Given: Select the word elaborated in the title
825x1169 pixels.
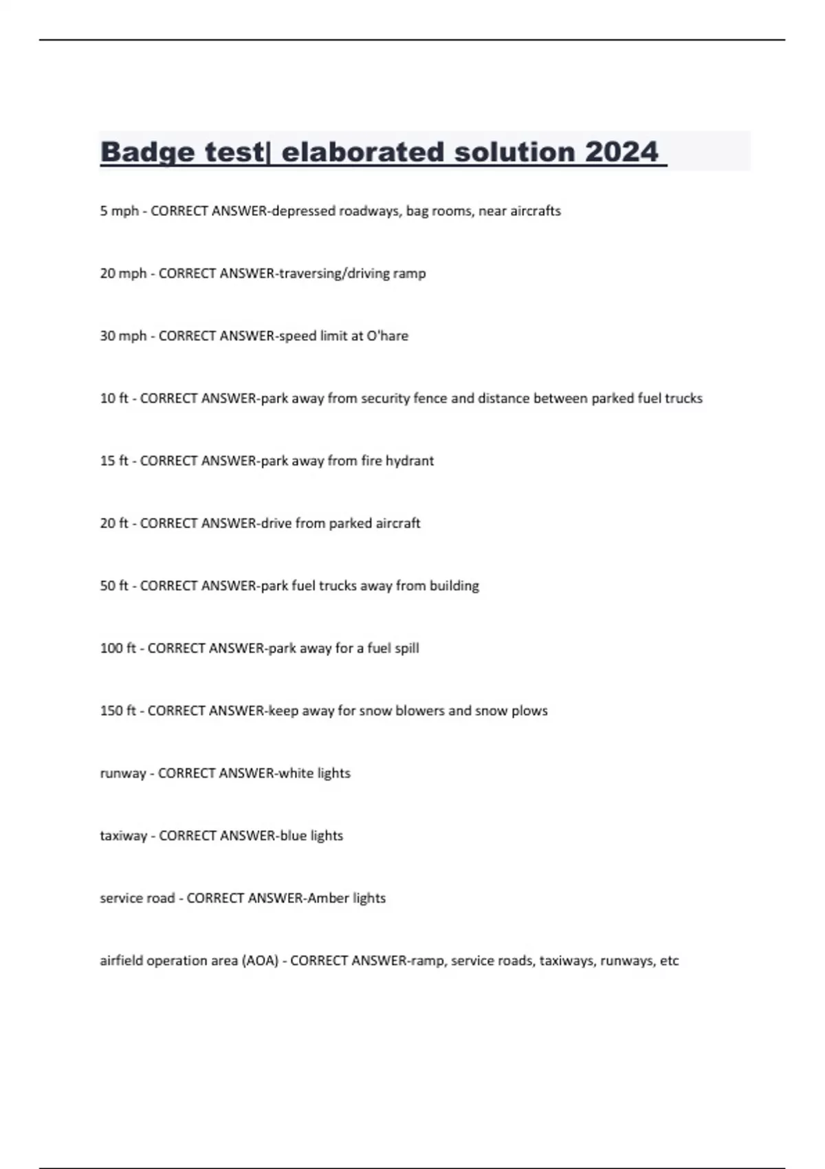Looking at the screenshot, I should click(x=363, y=152).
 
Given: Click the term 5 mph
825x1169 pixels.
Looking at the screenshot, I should click(x=119, y=211).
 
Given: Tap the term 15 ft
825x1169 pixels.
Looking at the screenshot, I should click(x=114, y=461).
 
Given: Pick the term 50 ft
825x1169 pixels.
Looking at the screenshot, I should click(x=114, y=586).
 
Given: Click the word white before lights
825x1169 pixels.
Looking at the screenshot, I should click(x=296, y=774).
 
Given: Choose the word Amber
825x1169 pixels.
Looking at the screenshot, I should click(x=328, y=898).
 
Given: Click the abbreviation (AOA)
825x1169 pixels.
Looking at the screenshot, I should click(x=260, y=961).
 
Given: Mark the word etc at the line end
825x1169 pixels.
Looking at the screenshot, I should click(x=669, y=961).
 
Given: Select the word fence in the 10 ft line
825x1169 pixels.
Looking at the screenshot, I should click(x=430, y=398).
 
